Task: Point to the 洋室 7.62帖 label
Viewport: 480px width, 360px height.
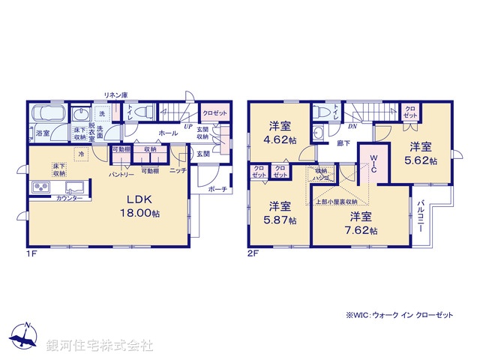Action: (360, 224)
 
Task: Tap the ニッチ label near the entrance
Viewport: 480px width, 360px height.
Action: (178, 170)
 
